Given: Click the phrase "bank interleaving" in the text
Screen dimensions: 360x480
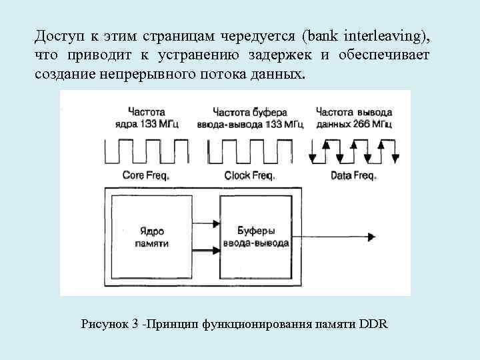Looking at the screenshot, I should [x=372, y=35].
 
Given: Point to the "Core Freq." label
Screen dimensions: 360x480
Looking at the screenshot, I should [x=146, y=176].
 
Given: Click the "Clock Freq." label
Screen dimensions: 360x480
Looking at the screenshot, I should [x=249, y=176].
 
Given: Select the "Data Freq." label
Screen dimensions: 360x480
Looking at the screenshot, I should [x=353, y=176].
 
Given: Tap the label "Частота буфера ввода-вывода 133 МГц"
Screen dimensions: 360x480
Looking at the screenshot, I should [x=249, y=117].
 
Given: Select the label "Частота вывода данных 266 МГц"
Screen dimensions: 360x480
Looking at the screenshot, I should [x=353, y=117].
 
